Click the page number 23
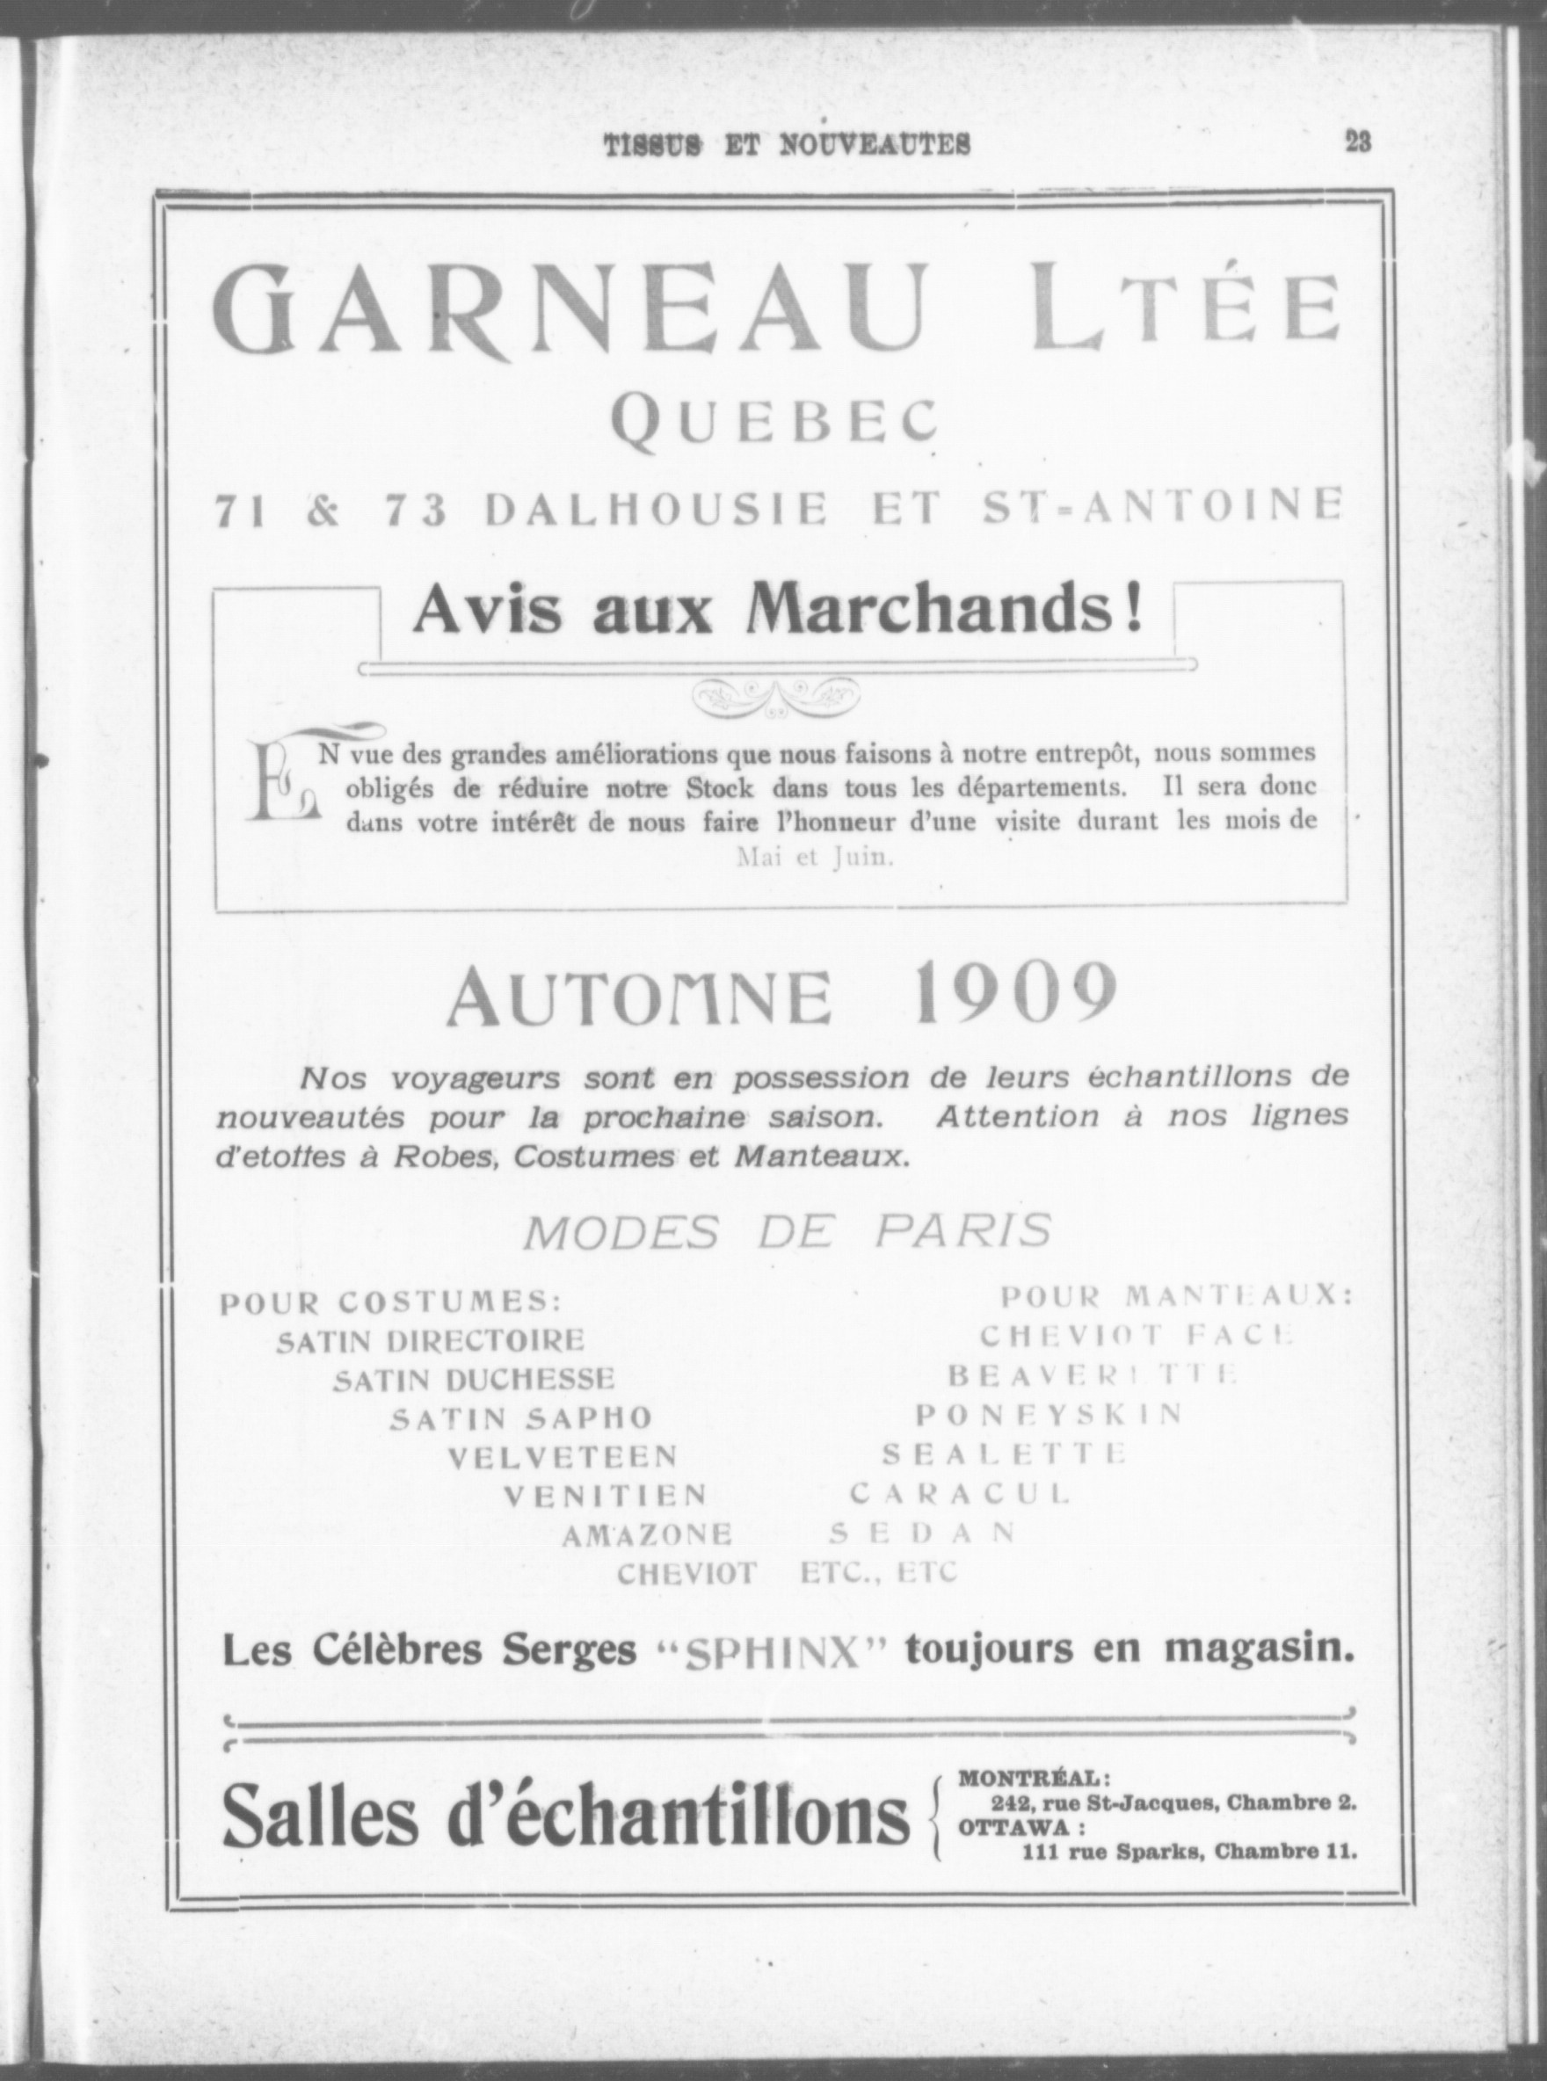pos(1357,143)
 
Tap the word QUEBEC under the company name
pos(773,422)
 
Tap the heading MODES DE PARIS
pos(787,1232)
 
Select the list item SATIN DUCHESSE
pos(475,1379)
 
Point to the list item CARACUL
pos(959,1494)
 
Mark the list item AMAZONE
pos(646,1535)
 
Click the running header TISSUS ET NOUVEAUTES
pos(787,145)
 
